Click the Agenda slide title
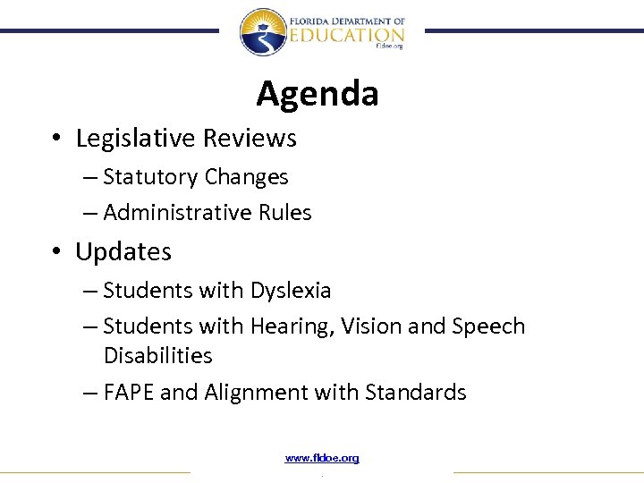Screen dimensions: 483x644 coord(318,93)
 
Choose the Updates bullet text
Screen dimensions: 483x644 coord(123,252)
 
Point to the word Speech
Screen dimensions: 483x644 coord(491,327)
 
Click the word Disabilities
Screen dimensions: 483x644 coord(158,356)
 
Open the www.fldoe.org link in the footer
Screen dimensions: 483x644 coord(322,459)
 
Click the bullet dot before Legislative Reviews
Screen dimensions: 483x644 coord(55,140)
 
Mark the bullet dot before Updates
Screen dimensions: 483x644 coord(55,253)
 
